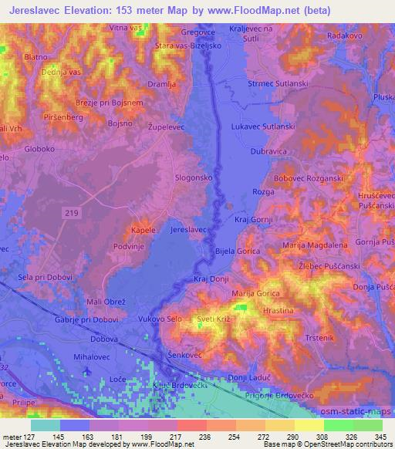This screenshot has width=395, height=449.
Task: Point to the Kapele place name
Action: coord(143,230)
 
